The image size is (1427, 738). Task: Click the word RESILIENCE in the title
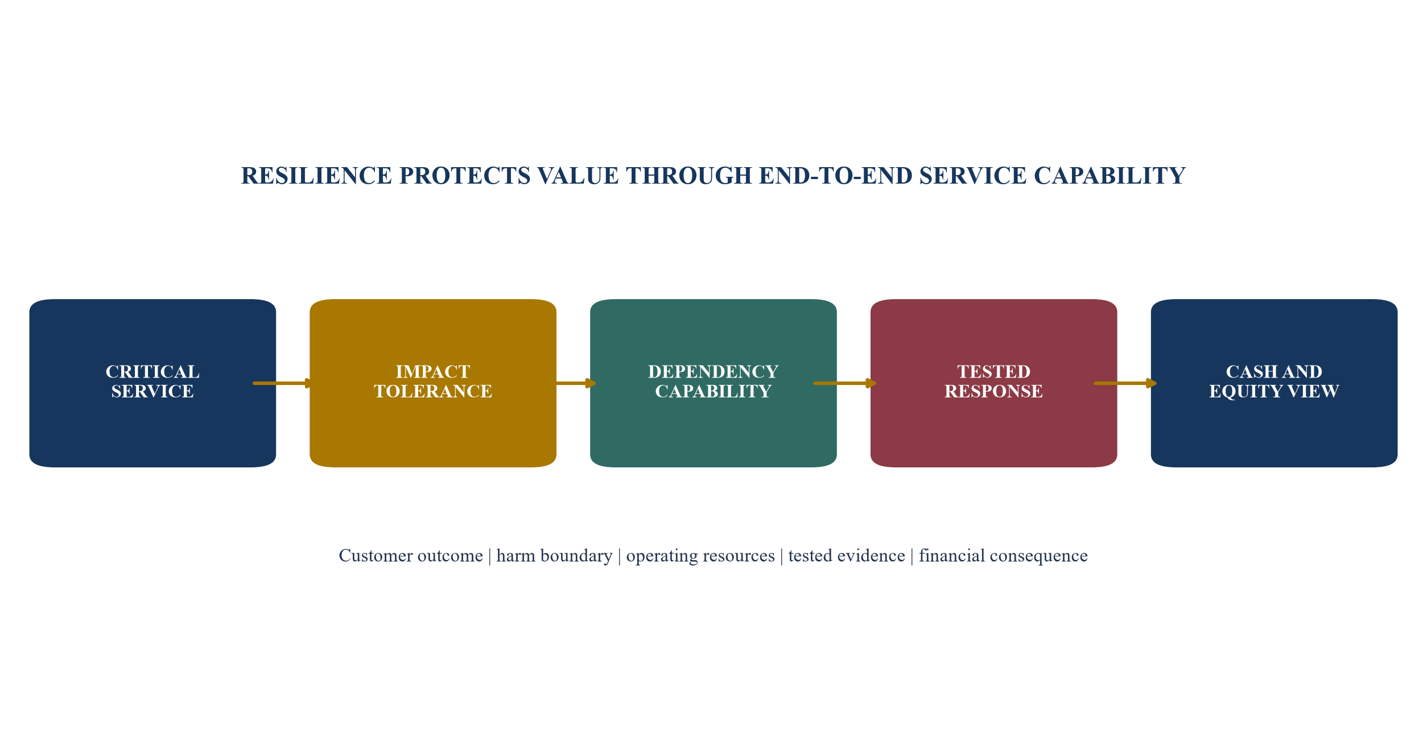[x=316, y=176]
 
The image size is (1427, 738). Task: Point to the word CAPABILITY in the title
[x=1110, y=176]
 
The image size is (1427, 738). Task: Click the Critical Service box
[x=152, y=383]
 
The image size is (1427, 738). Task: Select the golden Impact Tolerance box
[x=433, y=383]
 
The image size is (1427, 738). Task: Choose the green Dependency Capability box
[x=713, y=383]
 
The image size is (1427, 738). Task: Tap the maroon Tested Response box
[x=994, y=383]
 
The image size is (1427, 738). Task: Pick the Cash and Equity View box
[x=1275, y=383]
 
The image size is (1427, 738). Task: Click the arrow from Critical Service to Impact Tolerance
[x=283, y=383]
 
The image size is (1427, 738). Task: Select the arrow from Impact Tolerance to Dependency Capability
[x=576, y=383]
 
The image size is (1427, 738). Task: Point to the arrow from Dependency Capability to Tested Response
[x=844, y=383]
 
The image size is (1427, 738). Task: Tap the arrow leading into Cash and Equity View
[x=1125, y=383]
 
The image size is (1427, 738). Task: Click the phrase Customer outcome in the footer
[x=411, y=555]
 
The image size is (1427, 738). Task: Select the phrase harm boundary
[x=554, y=555]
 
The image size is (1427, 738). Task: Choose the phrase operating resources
[x=700, y=556]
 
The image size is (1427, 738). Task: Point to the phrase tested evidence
[x=847, y=555]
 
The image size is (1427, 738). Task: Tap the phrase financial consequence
[x=1003, y=556]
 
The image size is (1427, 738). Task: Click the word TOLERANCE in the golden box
[x=433, y=392]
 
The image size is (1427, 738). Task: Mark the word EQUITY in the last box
[x=1237, y=392]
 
